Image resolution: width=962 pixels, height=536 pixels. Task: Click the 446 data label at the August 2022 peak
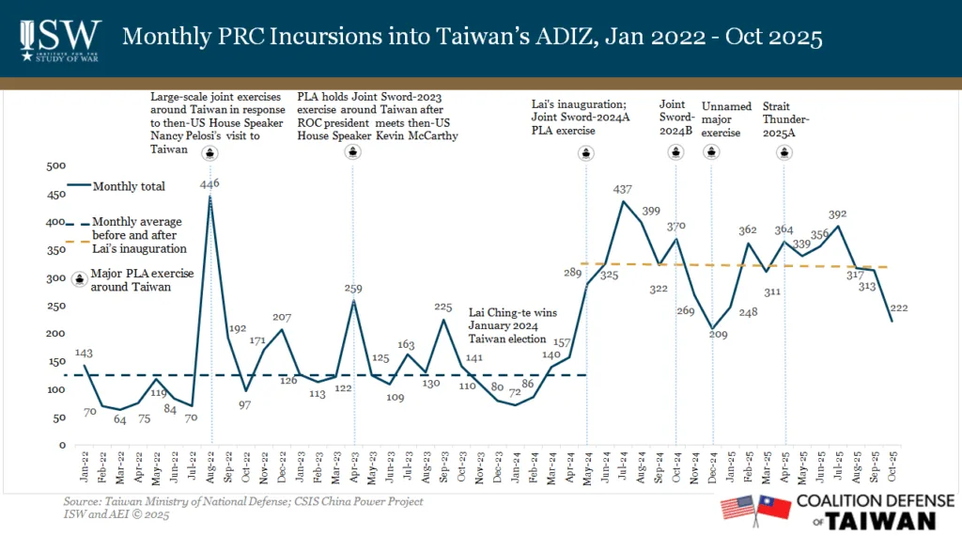pos(210,184)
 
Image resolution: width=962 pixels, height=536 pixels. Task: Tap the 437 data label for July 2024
pos(622,190)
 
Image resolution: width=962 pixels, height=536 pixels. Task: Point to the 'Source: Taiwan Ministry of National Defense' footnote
pos(242,501)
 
